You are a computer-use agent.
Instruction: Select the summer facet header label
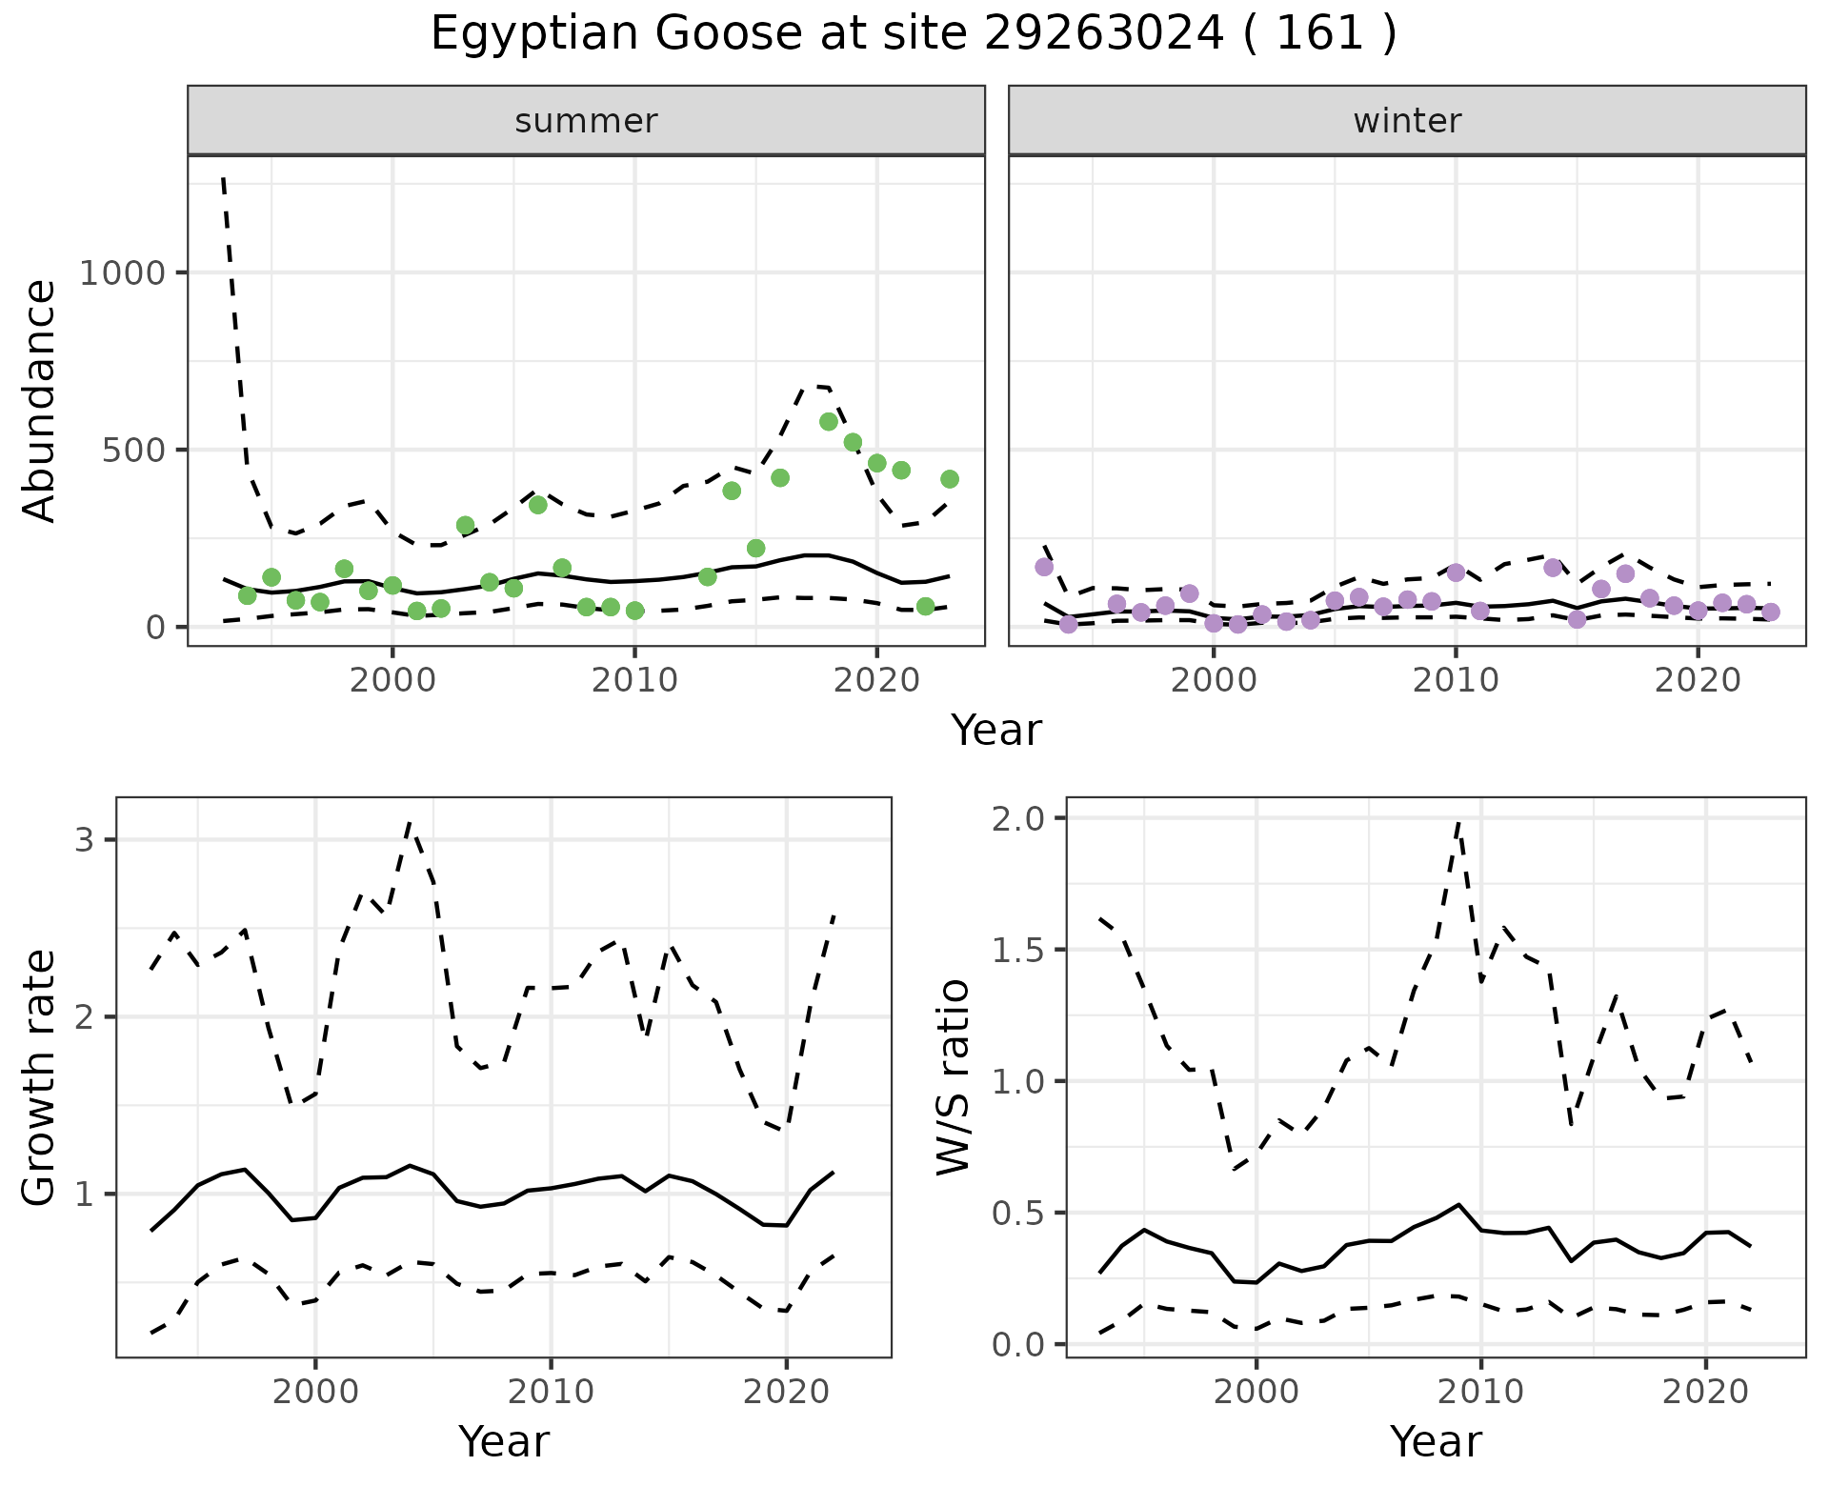coord(586,121)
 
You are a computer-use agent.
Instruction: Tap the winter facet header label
coord(1407,121)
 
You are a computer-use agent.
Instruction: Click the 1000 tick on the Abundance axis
coord(123,273)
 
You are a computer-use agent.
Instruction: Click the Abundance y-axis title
coord(40,400)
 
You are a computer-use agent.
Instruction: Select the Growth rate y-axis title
coord(40,1077)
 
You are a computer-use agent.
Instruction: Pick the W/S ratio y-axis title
coord(954,1077)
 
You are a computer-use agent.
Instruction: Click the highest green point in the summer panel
coord(829,421)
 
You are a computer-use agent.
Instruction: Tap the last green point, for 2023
coord(950,479)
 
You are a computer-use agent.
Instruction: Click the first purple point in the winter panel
coord(1044,567)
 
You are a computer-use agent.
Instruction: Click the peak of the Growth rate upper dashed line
coord(410,822)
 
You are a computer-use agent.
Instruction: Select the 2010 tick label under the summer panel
coord(634,680)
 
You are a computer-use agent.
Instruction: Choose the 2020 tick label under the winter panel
coord(1697,680)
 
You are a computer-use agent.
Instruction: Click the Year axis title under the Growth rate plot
coord(504,1441)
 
